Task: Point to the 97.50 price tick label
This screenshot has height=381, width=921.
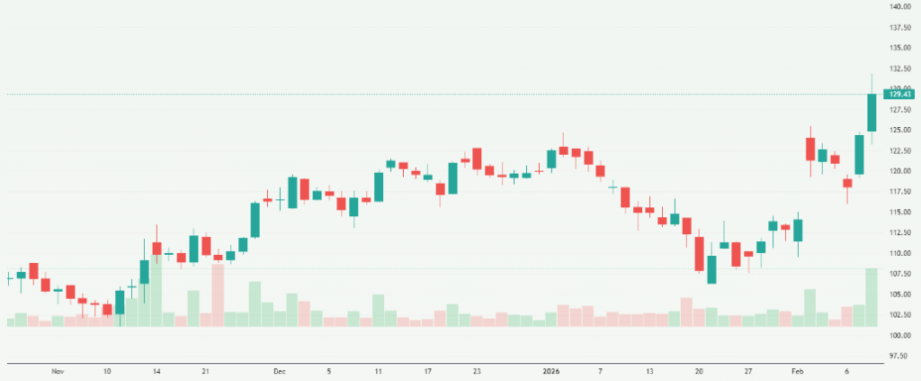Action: (899, 356)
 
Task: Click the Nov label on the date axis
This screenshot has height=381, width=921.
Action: (58, 371)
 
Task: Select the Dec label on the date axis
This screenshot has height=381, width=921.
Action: (279, 371)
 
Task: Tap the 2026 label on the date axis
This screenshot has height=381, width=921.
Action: (551, 371)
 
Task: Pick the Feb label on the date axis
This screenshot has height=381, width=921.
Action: (797, 371)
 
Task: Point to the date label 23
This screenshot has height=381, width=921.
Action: (477, 371)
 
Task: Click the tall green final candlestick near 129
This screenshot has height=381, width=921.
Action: (872, 113)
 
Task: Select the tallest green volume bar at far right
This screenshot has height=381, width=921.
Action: (872, 297)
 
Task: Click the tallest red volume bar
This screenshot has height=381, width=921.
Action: (218, 295)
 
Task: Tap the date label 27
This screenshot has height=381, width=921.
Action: (748, 371)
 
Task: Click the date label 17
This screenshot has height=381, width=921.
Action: (428, 371)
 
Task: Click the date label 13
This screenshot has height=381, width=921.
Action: (649, 371)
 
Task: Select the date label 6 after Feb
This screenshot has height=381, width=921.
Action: (846, 371)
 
